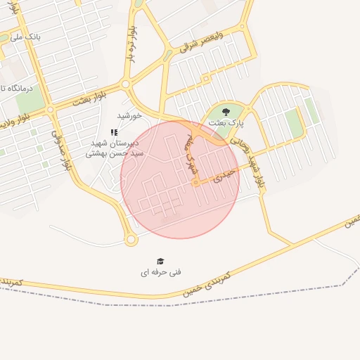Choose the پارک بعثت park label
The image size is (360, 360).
[226, 122]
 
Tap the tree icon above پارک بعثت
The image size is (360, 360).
[226, 112]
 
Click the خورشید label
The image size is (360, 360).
[129, 115]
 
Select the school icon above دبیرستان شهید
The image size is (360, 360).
[114, 131]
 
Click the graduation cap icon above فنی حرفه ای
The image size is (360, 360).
[160, 261]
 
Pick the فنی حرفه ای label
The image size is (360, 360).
[160, 271]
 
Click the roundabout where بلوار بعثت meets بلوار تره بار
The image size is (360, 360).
[125, 84]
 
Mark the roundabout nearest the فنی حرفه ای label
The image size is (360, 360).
[131, 240]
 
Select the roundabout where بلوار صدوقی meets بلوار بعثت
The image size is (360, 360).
[50, 109]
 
